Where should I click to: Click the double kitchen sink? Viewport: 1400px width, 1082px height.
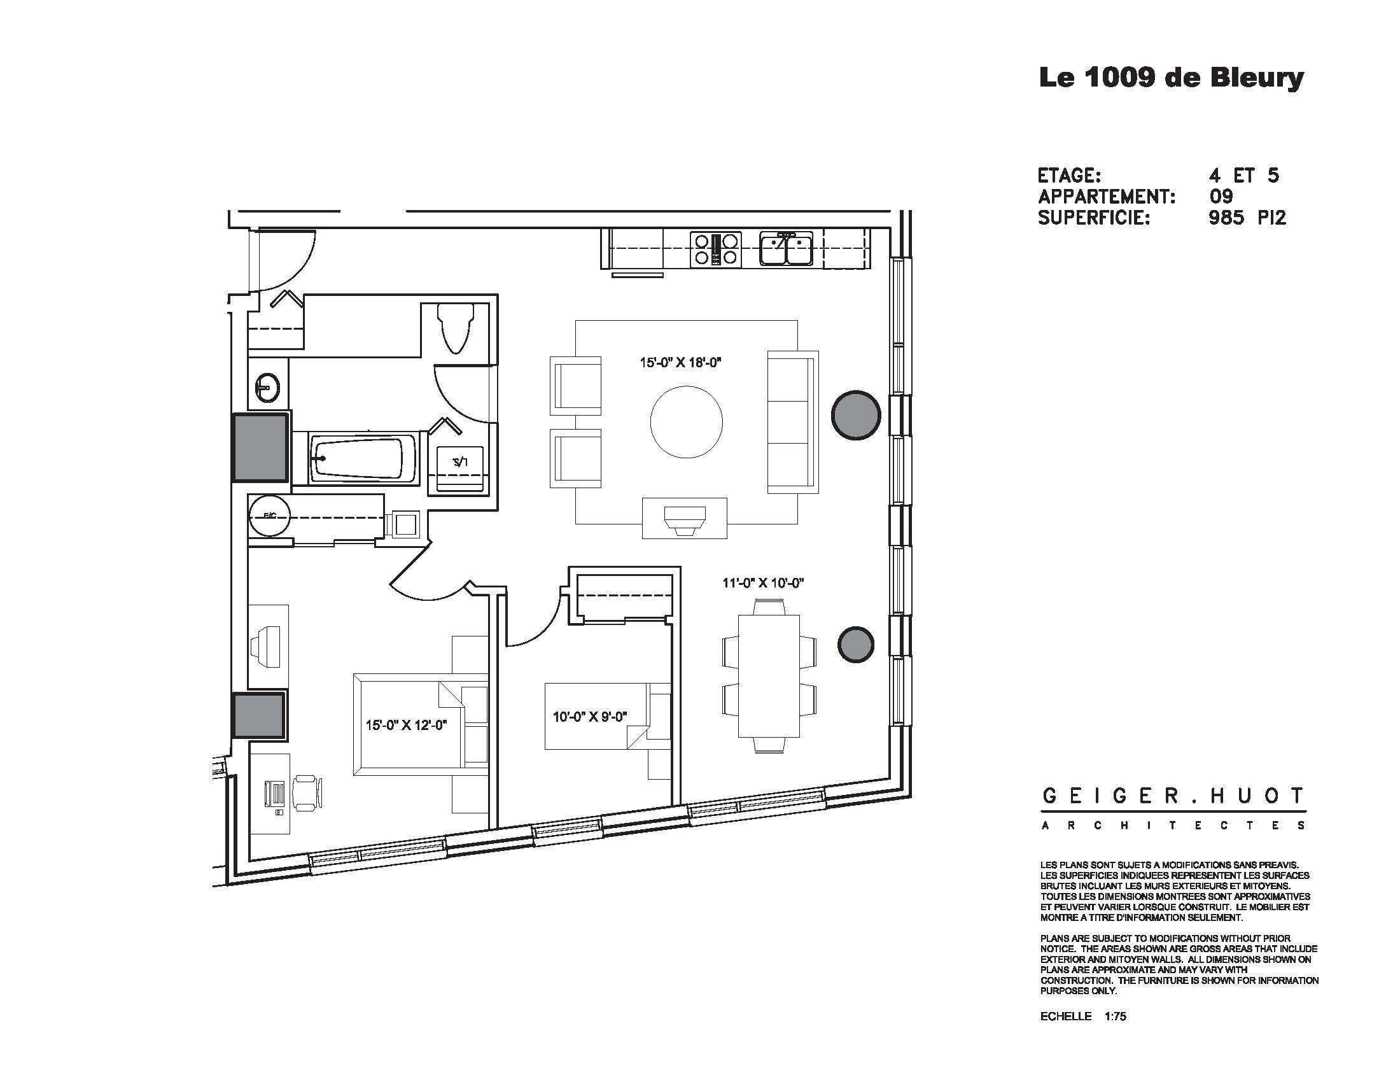coord(786,249)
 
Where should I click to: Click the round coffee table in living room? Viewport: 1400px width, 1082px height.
coord(687,422)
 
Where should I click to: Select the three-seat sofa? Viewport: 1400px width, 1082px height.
coord(792,422)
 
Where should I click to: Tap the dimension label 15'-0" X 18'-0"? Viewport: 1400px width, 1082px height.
coord(680,362)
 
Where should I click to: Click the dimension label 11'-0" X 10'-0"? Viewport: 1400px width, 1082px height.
coord(763,583)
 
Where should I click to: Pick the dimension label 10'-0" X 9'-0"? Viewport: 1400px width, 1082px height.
coord(589,717)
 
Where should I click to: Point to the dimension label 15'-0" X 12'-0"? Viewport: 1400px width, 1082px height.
coord(406,725)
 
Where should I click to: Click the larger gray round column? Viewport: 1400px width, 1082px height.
coord(856,416)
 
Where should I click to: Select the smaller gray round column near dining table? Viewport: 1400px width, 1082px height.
coord(857,645)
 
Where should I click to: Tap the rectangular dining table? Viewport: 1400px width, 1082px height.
coord(769,676)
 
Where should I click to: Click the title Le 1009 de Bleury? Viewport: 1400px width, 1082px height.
coord(1170,78)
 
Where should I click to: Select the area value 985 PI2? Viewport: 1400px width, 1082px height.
coord(1247,218)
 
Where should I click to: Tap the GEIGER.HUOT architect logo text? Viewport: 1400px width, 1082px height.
coord(1173,796)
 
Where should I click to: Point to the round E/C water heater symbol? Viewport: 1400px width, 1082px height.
coord(269,515)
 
